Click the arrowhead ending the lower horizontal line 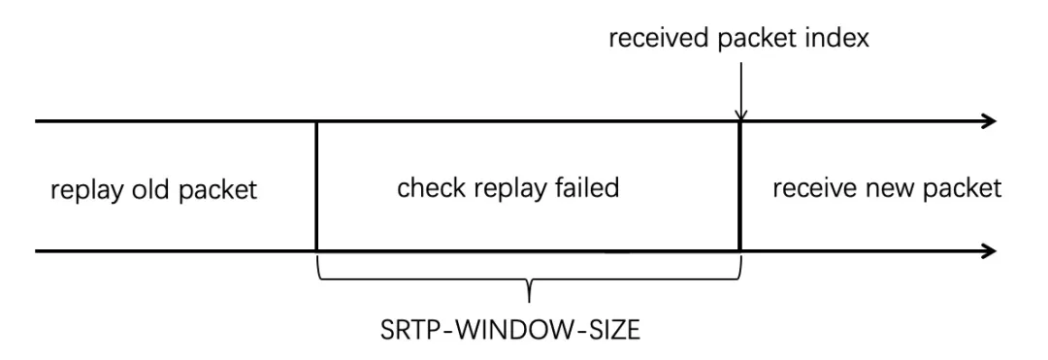point(989,252)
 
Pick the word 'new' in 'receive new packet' point(882,188)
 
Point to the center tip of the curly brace point(529,294)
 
